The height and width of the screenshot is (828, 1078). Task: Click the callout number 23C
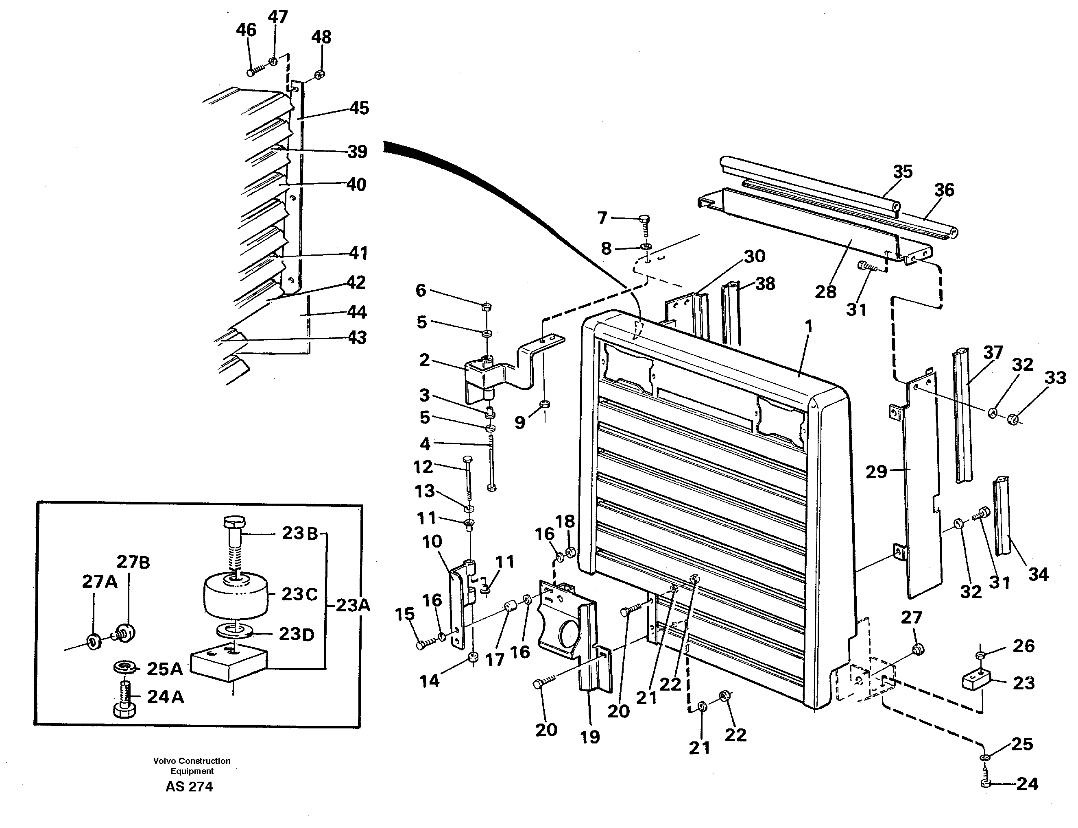click(x=299, y=594)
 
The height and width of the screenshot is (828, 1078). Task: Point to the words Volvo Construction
click(x=192, y=761)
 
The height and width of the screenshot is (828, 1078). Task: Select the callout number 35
click(x=902, y=172)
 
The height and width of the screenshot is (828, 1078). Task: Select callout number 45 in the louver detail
click(x=359, y=108)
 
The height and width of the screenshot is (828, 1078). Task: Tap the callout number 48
click(x=321, y=37)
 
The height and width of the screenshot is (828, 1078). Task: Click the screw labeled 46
click(x=251, y=72)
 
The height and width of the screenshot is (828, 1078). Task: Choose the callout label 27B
click(x=133, y=562)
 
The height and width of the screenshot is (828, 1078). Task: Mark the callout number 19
click(x=589, y=737)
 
